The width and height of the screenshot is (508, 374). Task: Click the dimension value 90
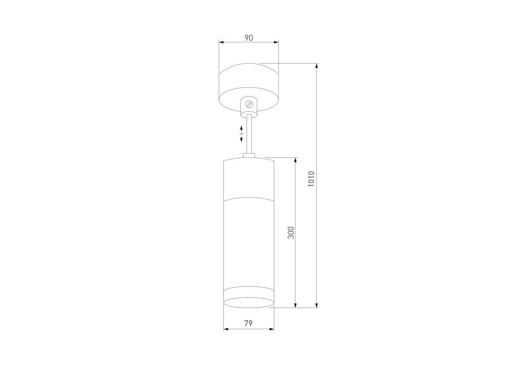pyautogui.click(x=248, y=38)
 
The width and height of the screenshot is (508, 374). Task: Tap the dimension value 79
pyautogui.click(x=248, y=323)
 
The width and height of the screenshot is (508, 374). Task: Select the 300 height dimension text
pyautogui.click(x=291, y=233)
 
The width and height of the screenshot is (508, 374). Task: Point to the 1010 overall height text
pyautogui.click(x=311, y=179)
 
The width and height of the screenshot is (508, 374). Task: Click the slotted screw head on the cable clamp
pyautogui.click(x=249, y=104)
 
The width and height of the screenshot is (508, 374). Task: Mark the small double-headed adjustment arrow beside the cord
pyautogui.click(x=241, y=134)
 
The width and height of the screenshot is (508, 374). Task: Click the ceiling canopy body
pyautogui.click(x=249, y=88)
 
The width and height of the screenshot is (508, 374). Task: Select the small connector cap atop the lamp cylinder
pyautogui.click(x=249, y=156)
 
